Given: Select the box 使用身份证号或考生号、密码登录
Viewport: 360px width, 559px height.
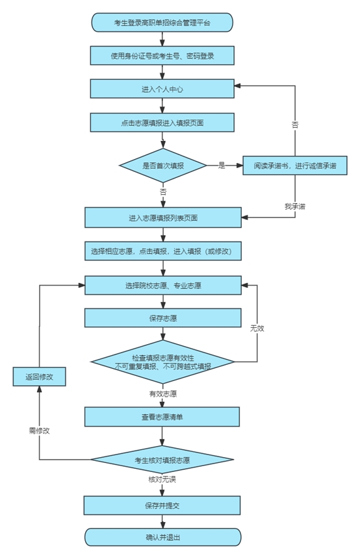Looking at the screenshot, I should point(162,55).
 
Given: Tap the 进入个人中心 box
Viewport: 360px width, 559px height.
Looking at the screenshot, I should point(162,88).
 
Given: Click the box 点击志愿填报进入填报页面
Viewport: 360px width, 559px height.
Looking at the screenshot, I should point(162,122).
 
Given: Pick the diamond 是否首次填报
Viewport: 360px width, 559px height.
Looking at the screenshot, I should point(162,166).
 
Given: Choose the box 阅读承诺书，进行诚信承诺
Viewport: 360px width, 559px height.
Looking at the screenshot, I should point(295,166).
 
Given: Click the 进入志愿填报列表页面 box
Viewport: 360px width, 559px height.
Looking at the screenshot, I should point(162,217).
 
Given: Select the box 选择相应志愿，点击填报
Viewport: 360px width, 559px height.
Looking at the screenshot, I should point(162,251).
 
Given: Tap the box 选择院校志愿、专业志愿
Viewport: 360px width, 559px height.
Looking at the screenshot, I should point(162,284).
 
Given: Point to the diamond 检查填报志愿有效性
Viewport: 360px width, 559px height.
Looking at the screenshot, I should point(162,362).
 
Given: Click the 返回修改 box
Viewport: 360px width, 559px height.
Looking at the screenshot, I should point(39,377).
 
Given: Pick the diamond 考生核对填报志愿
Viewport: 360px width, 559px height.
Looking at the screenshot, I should point(162,460).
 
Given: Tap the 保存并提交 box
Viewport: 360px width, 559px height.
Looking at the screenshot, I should point(162,504).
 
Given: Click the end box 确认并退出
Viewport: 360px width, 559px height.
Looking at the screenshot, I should point(162,537).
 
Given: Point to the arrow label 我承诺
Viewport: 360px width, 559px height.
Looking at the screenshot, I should point(295,206).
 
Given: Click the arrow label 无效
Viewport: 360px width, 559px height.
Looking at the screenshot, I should point(257,328).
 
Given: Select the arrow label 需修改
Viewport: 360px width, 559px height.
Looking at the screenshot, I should point(40,430).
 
